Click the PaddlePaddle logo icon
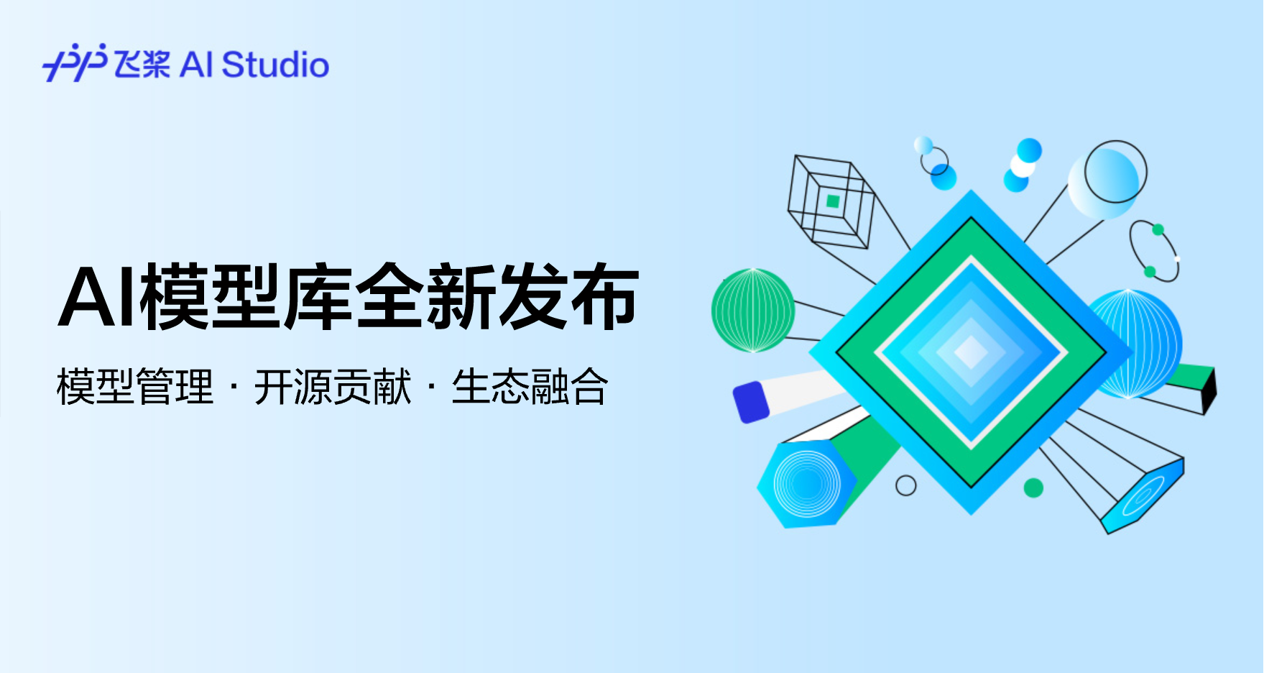(x=75, y=63)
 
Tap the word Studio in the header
(x=276, y=65)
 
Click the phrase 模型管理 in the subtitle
(x=135, y=387)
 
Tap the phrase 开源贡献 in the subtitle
(x=333, y=387)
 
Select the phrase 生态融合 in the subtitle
(x=530, y=387)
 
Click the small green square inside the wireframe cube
(x=833, y=201)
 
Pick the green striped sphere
(x=753, y=311)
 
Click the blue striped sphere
(x=1135, y=344)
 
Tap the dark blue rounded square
(x=751, y=402)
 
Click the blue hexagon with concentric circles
(x=806, y=483)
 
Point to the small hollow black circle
(x=906, y=485)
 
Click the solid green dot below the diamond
(x=1033, y=487)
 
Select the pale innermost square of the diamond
(x=972, y=352)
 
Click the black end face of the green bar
(x=1210, y=390)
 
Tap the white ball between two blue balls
(x=1022, y=165)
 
